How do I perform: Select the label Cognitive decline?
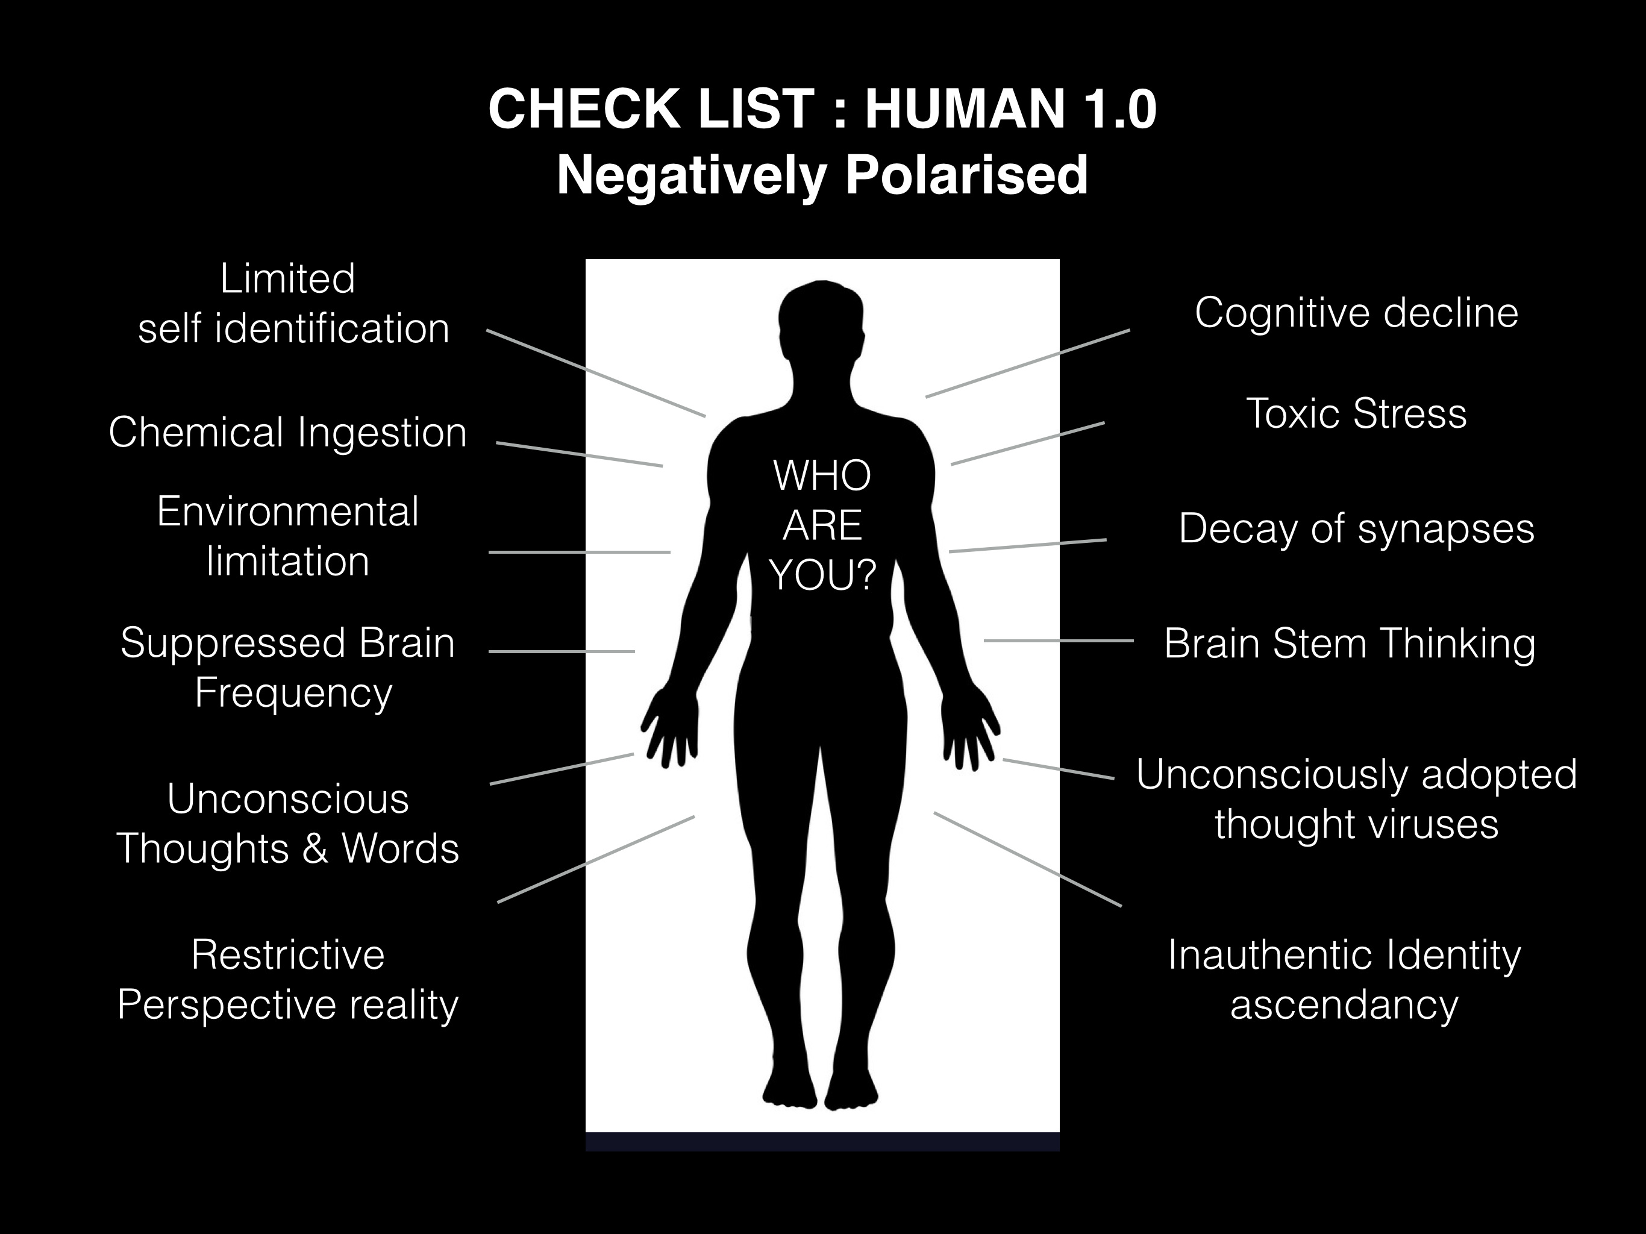click(x=1356, y=313)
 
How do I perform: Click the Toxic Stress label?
click(x=1356, y=414)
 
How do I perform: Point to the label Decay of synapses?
click(x=1356, y=529)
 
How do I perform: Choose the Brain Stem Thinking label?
click(x=1349, y=644)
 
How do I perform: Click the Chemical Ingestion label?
click(x=287, y=433)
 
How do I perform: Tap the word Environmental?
click(x=287, y=512)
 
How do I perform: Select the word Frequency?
click(x=293, y=694)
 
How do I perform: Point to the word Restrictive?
click(x=287, y=955)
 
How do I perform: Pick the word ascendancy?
click(x=1344, y=1005)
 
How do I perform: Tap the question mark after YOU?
click(x=864, y=576)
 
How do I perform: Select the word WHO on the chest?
click(x=822, y=477)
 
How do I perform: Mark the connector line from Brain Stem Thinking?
click(x=1058, y=640)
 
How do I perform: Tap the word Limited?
click(x=287, y=279)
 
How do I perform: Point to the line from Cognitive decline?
click(x=1027, y=363)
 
